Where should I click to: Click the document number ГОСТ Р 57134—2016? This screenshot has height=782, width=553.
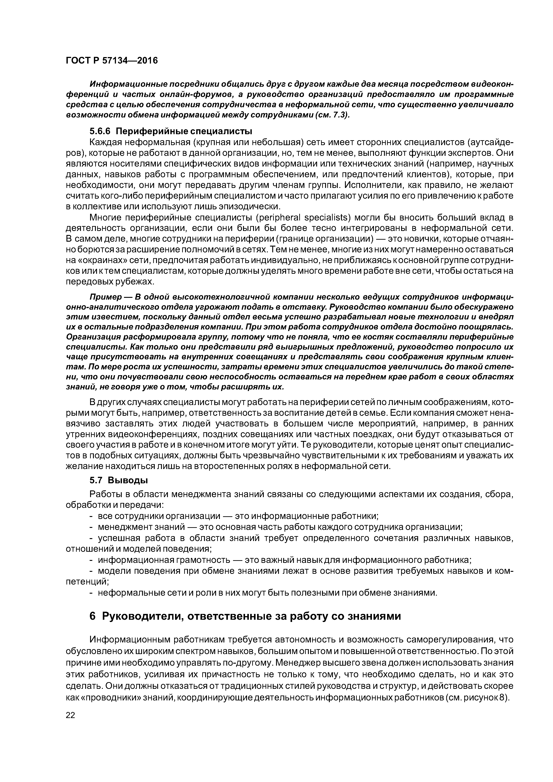pyautogui.click(x=111, y=61)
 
